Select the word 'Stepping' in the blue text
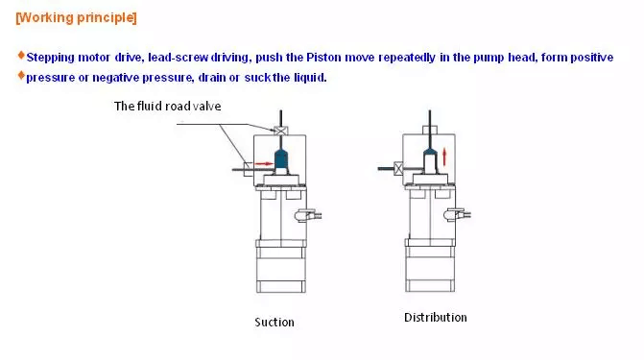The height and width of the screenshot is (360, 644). pyautogui.click(x=51, y=58)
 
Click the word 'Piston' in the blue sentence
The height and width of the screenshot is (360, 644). pyautogui.click(x=324, y=58)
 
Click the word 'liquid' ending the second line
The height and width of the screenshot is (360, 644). pyautogui.click(x=310, y=77)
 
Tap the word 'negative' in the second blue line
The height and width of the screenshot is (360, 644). pyautogui.click(x=116, y=77)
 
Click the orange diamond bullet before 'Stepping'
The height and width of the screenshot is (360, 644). pyautogui.click(x=21, y=55)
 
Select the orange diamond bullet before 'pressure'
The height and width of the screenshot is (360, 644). pyautogui.click(x=21, y=75)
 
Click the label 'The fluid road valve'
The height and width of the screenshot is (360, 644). pyautogui.click(x=168, y=107)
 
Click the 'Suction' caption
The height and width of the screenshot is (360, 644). pyautogui.click(x=274, y=323)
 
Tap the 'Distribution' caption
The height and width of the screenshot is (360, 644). pyautogui.click(x=436, y=318)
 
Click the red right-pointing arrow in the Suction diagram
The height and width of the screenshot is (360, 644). pyautogui.click(x=264, y=164)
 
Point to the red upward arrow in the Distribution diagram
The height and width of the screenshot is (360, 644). pyautogui.click(x=444, y=157)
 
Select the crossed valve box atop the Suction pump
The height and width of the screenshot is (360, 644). pyautogui.click(x=281, y=132)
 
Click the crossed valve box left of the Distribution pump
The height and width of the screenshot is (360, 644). pyautogui.click(x=398, y=169)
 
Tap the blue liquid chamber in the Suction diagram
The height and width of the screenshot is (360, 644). pyautogui.click(x=281, y=158)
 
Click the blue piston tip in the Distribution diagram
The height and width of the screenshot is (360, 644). pyautogui.click(x=430, y=152)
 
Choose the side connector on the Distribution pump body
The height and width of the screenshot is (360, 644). pyautogui.click(x=457, y=214)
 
